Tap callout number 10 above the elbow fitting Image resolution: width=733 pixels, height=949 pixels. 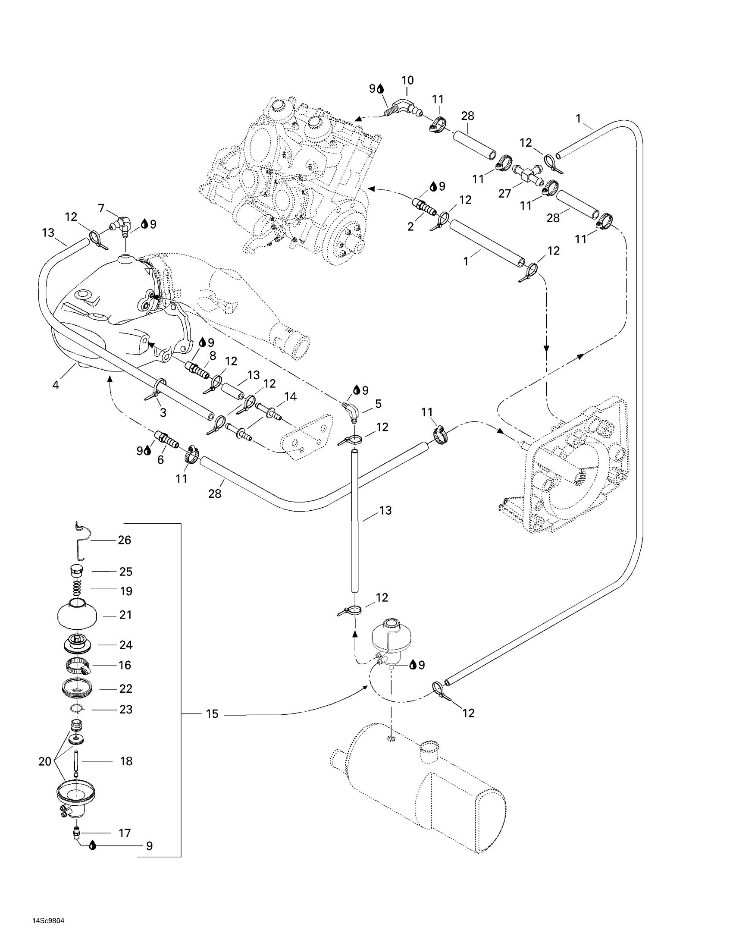[407, 80]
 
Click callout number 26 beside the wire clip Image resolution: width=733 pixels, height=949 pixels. [124, 540]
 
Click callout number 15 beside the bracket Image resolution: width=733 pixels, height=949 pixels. [212, 714]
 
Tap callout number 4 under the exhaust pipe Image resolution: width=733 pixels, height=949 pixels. [56, 384]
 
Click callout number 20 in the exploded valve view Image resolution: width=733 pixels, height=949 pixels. [45, 761]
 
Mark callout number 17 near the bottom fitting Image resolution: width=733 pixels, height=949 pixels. [125, 833]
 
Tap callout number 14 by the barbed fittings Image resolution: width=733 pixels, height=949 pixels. [290, 396]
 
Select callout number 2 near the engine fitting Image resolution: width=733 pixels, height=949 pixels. [410, 226]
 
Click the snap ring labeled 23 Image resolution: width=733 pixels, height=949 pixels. [77, 709]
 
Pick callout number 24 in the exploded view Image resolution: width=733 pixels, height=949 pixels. [125, 645]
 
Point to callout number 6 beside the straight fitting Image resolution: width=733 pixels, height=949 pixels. [161, 460]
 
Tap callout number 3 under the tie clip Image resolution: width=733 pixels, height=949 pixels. [163, 412]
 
